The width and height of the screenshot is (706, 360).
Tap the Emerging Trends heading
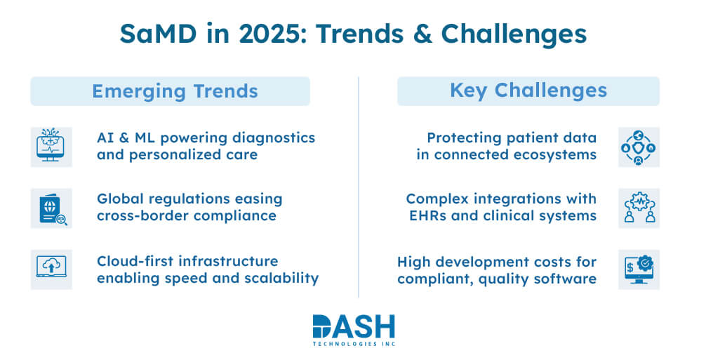pos(170,91)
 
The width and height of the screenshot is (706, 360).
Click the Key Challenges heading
pos(528,91)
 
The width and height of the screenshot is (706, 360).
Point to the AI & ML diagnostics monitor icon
pos(51,147)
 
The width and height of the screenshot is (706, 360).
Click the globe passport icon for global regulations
pos(51,208)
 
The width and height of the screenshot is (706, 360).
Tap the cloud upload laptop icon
pos(51,269)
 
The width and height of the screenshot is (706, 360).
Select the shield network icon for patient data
pos(639,147)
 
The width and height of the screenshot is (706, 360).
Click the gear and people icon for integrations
pos(639,208)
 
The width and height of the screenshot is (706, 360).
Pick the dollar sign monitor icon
pos(639,269)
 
